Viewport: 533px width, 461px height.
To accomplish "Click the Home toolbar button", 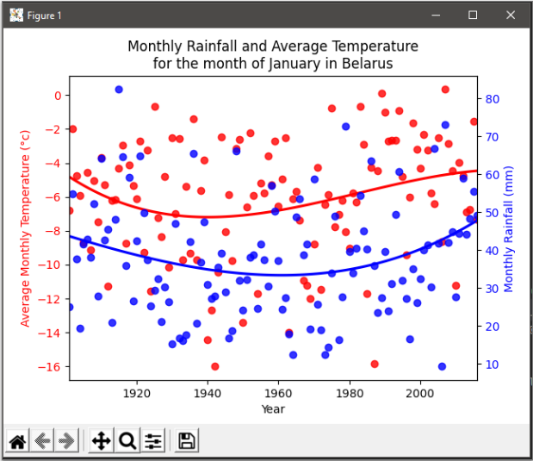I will [x=17, y=441].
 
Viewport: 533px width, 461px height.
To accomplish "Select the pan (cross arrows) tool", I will [x=101, y=441].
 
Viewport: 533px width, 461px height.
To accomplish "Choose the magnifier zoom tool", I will [x=127, y=441].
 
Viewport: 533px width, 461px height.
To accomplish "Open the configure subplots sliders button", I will [x=153, y=441].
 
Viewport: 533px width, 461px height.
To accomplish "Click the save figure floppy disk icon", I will [x=187, y=441].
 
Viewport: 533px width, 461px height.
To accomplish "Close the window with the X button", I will [x=512, y=16].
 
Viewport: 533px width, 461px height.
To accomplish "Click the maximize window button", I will [x=473, y=16].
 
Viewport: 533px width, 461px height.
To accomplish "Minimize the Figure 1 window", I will [x=433, y=16].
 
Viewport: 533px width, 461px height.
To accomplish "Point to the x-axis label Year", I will [x=273, y=408].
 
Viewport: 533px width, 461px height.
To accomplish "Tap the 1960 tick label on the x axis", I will [x=278, y=393].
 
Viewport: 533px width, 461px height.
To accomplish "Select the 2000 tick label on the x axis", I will [x=419, y=393].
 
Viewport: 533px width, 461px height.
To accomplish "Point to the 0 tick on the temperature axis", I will [x=57, y=95].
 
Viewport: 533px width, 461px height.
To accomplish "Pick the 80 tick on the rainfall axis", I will [x=493, y=98].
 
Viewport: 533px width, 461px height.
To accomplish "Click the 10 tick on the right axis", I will [x=493, y=364].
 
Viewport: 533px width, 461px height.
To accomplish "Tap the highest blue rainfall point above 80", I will [x=119, y=90].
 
